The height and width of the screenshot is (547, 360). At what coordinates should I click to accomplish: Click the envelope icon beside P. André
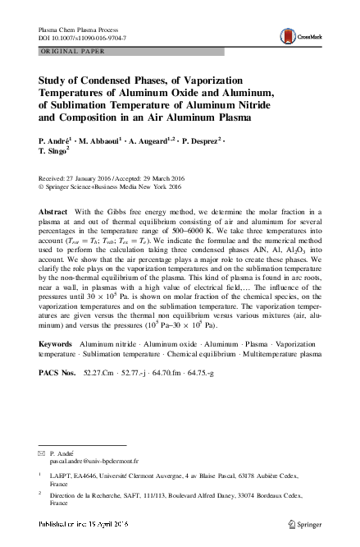click(41, 453)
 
